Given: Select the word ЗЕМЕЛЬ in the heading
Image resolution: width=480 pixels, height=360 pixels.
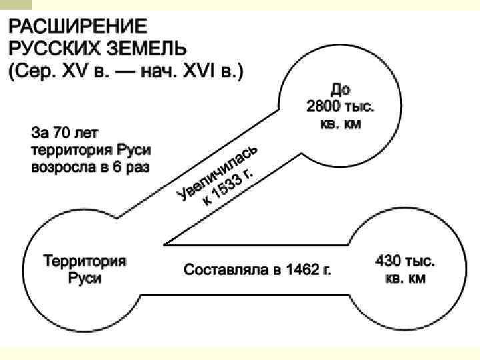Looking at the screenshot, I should (147, 49).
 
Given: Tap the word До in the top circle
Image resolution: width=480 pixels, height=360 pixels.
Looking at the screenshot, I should (340, 89).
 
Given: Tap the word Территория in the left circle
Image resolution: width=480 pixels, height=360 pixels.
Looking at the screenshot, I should (85, 261).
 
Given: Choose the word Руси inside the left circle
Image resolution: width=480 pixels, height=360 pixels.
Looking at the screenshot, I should (85, 277).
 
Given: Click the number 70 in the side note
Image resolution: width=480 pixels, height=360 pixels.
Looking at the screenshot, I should (71, 131).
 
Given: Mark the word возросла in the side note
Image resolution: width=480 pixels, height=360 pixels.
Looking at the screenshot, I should (61, 165).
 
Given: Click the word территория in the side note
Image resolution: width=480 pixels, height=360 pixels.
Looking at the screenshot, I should (67, 149).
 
